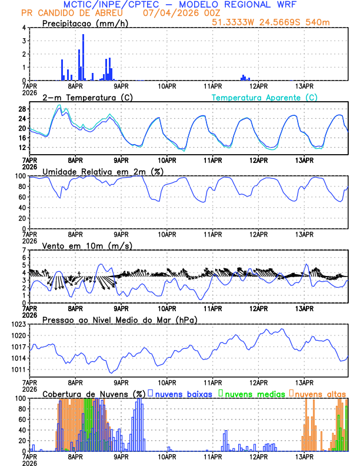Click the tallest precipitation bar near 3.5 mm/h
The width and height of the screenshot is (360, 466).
[x=83, y=57]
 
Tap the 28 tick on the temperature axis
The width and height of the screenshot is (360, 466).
[x=22, y=109]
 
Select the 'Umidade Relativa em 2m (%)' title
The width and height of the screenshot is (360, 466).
[x=103, y=171]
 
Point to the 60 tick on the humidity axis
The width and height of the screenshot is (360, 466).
[x=22, y=197]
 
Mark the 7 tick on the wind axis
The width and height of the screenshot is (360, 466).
[x=24, y=250]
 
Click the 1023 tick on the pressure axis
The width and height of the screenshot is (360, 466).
[x=18, y=324]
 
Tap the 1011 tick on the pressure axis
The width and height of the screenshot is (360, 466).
[x=18, y=370]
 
